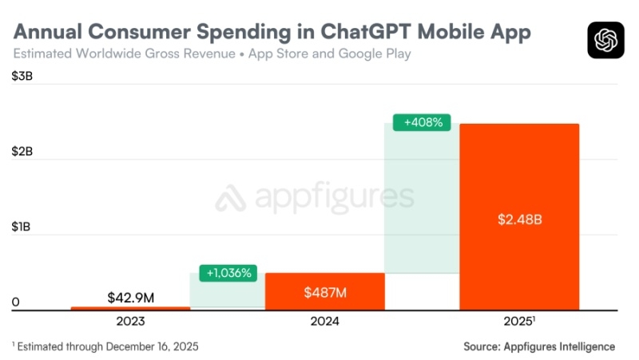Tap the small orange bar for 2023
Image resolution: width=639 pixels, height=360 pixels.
130,307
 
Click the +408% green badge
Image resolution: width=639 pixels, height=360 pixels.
423,123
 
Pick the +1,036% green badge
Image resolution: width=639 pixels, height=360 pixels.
228,272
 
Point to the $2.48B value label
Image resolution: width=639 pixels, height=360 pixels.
519,219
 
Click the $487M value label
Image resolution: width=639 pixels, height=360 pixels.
325,292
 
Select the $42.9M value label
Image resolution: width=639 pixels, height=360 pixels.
131,298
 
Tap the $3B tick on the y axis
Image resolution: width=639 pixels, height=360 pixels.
22,77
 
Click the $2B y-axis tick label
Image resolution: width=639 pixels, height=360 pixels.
22,152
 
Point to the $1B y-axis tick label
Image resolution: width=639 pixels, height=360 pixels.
22,227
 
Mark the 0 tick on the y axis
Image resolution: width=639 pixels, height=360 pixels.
15,303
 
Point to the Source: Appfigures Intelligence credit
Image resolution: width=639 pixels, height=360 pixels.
539,346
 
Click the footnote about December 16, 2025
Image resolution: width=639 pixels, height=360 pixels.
105,346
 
